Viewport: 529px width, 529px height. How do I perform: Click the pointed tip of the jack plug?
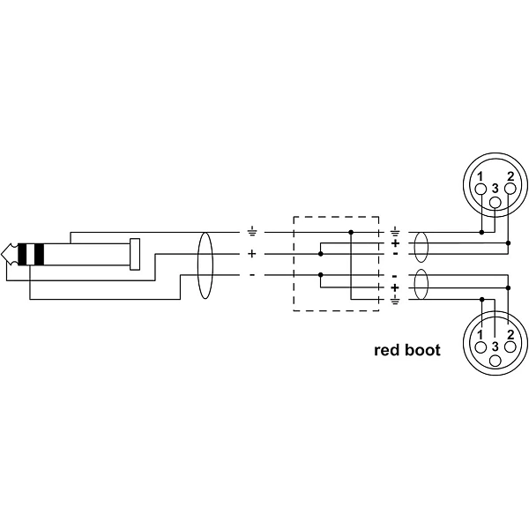click(2, 254)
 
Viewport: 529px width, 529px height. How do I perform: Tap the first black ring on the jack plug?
click(22, 254)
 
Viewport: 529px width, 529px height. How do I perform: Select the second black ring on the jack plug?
click(39, 254)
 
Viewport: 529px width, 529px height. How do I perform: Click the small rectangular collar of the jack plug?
click(135, 254)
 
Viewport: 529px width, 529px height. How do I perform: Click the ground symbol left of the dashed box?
click(252, 232)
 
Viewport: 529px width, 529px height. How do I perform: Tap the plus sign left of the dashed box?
click(252, 254)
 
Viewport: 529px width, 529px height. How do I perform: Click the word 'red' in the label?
click(387, 351)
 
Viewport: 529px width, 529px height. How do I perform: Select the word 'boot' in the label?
click(422, 350)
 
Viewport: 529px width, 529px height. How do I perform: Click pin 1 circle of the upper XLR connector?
click(481, 189)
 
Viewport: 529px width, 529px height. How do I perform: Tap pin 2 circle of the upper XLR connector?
click(510, 189)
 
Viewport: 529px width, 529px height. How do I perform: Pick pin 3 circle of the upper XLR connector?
click(495, 203)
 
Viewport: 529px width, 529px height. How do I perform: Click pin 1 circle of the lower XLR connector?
click(481, 346)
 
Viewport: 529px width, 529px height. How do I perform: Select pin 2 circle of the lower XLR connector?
click(510, 346)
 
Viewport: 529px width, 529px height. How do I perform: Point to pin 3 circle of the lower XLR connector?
click(495, 361)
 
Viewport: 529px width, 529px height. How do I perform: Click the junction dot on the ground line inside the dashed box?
click(351, 232)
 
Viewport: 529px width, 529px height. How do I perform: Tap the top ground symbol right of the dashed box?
click(395, 231)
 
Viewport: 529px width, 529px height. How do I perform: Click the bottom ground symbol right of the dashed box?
click(395, 300)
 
